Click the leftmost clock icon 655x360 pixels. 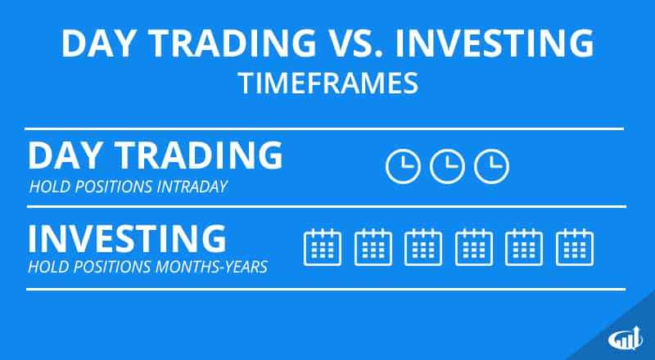(402, 166)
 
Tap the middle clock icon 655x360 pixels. (447, 166)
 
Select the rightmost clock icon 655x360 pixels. (492, 166)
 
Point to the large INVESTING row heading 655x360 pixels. (127, 238)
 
